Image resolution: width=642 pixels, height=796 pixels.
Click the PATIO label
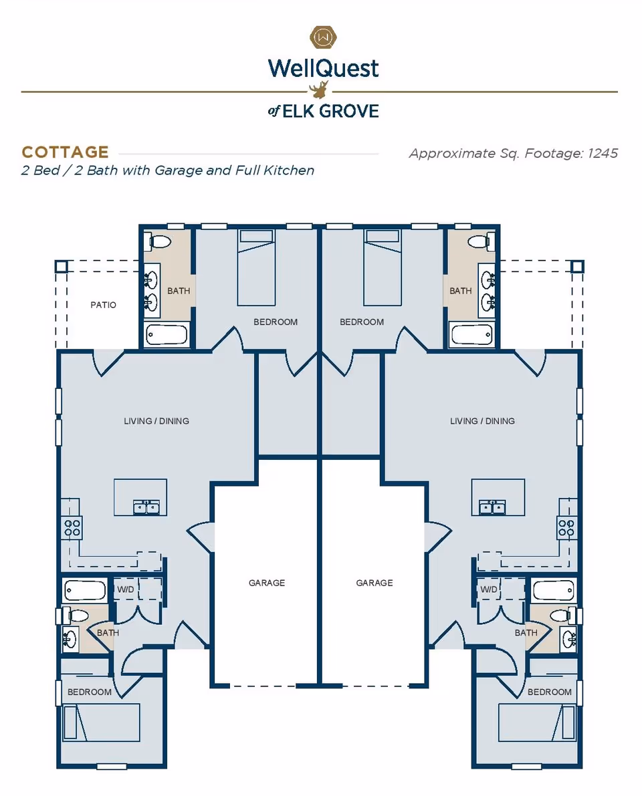(x=103, y=305)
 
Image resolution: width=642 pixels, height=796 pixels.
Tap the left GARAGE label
(x=267, y=583)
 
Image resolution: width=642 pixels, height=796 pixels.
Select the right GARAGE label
(x=374, y=583)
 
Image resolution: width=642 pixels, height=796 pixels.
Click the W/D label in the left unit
(x=126, y=589)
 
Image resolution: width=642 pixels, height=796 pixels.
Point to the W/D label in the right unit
(x=489, y=589)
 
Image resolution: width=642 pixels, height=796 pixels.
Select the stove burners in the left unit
(x=72, y=528)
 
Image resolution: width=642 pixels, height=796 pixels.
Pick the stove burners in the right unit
(x=567, y=528)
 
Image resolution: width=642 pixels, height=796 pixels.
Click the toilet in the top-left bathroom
(x=159, y=241)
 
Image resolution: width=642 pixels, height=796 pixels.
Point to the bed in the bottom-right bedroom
(x=537, y=722)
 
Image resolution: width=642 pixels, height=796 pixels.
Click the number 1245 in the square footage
(x=603, y=154)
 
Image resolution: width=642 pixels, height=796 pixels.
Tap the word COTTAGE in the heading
(x=65, y=152)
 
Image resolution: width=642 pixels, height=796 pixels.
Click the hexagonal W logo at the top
(x=323, y=36)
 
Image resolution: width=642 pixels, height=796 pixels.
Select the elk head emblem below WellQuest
(x=321, y=89)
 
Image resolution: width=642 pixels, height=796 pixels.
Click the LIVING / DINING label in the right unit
(x=482, y=421)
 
